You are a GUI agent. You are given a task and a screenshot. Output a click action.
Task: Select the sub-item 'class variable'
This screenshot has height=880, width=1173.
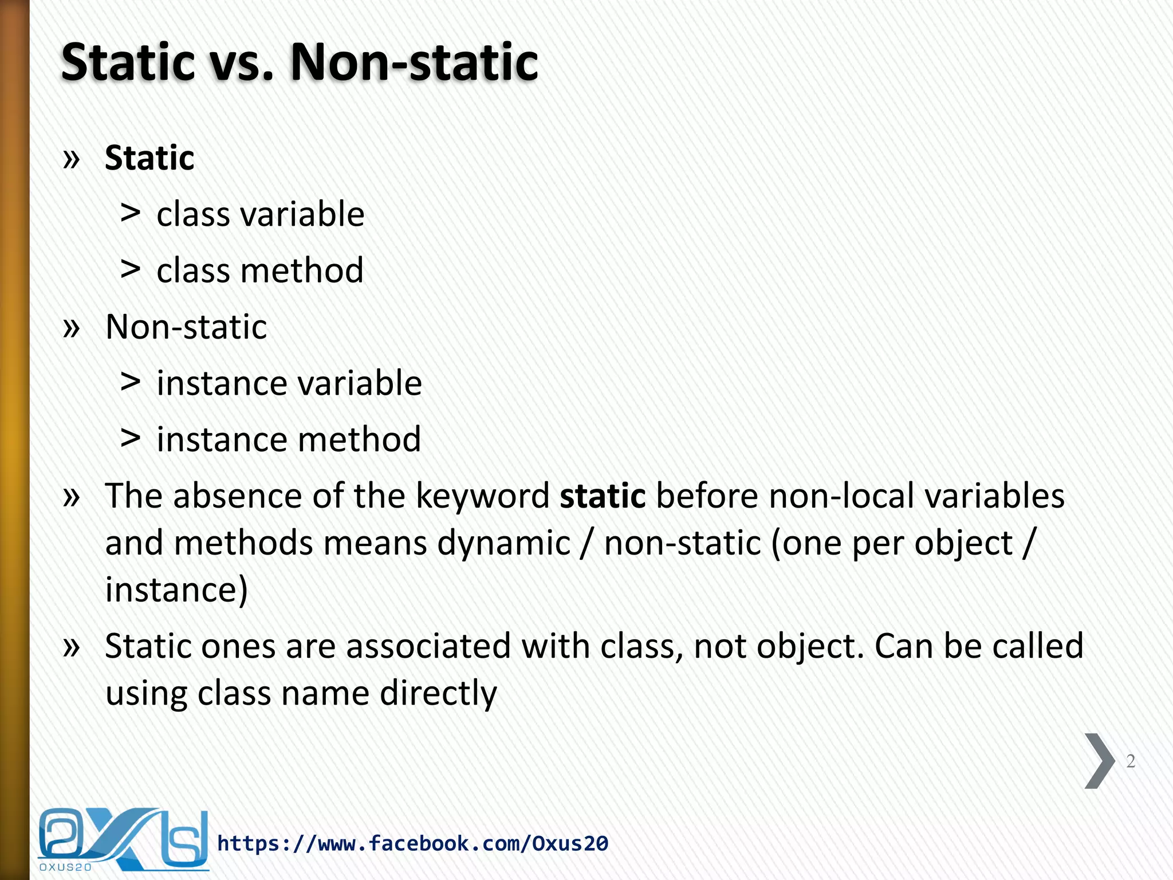pos(260,214)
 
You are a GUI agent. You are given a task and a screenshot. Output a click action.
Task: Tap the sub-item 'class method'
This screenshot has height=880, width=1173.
pos(260,270)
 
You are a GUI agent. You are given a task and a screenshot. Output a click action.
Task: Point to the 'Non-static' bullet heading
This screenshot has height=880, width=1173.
pos(186,327)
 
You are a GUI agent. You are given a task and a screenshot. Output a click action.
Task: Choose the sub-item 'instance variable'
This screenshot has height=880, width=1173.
pos(289,383)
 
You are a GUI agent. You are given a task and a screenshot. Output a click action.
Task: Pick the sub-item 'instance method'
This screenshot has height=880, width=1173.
pos(289,439)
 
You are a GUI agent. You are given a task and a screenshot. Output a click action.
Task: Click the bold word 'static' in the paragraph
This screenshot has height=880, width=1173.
pos(603,496)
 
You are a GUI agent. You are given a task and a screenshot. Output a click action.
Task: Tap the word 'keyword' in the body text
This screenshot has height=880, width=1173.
pos(482,496)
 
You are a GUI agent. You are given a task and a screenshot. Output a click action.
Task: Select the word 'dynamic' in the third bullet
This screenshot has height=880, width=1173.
pos(504,543)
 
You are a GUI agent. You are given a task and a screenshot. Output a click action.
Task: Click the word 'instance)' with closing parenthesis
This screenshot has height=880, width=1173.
pos(176,590)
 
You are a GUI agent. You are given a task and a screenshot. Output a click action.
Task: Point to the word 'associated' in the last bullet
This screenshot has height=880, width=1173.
pos(428,646)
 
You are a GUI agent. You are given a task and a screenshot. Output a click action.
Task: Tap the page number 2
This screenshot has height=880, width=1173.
pos(1130,761)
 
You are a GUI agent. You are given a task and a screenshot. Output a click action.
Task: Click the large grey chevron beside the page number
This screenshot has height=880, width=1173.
pos(1099,761)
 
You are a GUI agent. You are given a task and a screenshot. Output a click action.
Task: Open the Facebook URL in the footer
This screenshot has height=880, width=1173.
pos(412,843)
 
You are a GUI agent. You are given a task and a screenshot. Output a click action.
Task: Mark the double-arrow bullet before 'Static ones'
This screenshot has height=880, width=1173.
pos(71,646)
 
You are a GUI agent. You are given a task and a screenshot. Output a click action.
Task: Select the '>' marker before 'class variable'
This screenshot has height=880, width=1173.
pos(131,213)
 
